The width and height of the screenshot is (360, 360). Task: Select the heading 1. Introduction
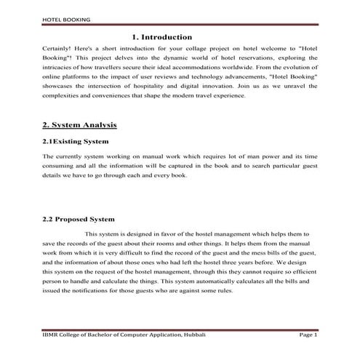click(x=162, y=36)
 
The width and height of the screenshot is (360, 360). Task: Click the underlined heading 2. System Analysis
click(x=80, y=125)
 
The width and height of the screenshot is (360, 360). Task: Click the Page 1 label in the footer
click(x=308, y=334)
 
